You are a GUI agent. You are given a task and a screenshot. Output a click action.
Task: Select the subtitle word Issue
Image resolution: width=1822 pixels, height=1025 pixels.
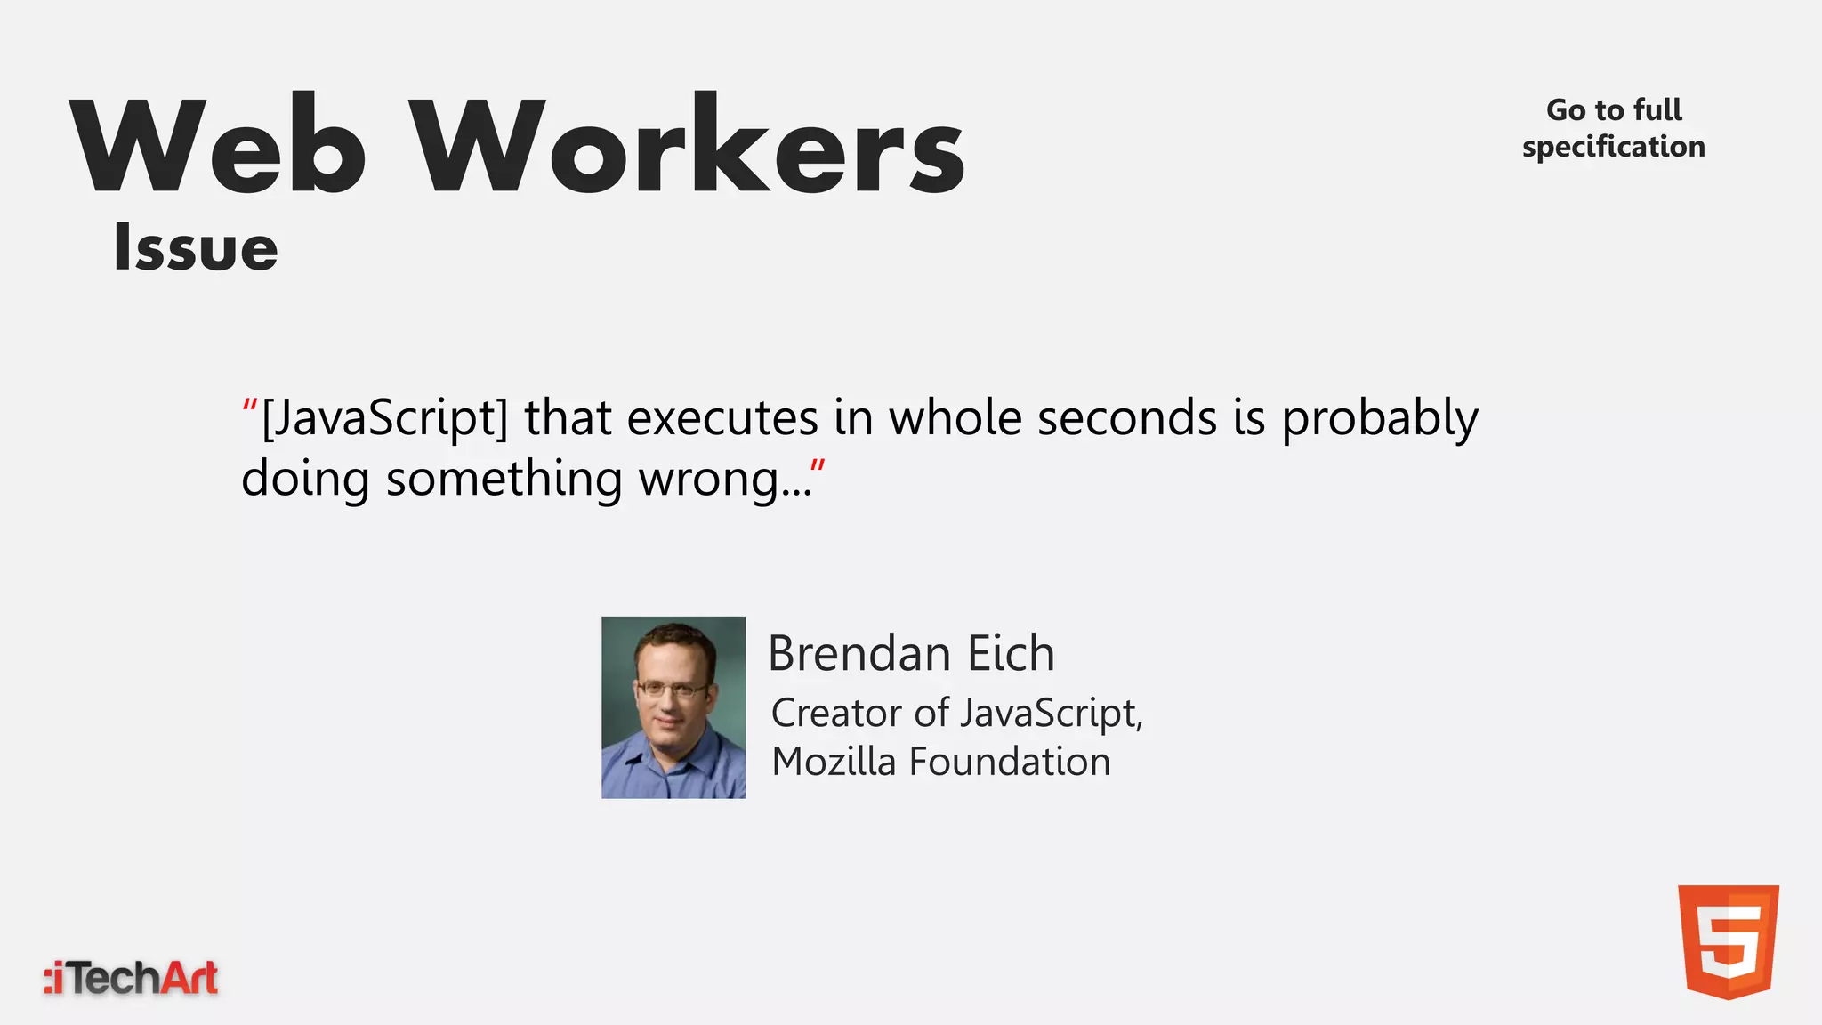[x=196, y=247]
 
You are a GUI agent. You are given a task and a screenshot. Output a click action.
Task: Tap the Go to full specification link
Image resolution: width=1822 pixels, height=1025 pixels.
[x=1613, y=128]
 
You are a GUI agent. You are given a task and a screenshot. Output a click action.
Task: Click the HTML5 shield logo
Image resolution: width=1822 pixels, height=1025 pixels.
[x=1728, y=941]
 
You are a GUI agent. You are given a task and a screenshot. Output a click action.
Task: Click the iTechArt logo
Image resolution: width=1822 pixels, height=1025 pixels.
[x=132, y=978]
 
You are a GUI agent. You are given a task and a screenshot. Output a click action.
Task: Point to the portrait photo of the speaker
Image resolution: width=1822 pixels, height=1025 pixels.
[x=673, y=707]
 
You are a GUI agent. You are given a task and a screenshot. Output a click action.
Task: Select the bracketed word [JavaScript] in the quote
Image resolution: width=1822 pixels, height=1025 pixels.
[x=384, y=418]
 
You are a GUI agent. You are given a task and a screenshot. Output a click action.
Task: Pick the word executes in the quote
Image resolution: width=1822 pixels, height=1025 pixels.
[x=722, y=418]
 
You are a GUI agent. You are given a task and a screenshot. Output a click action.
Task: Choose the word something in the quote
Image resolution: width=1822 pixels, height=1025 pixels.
[x=504, y=479]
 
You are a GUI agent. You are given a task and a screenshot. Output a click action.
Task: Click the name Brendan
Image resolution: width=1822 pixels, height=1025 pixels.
[x=859, y=654]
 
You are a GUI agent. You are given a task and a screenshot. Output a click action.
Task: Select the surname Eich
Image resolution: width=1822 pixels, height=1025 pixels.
[x=1011, y=654]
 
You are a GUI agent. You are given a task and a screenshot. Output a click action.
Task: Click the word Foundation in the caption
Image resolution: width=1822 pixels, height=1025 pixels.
[x=1010, y=763]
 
